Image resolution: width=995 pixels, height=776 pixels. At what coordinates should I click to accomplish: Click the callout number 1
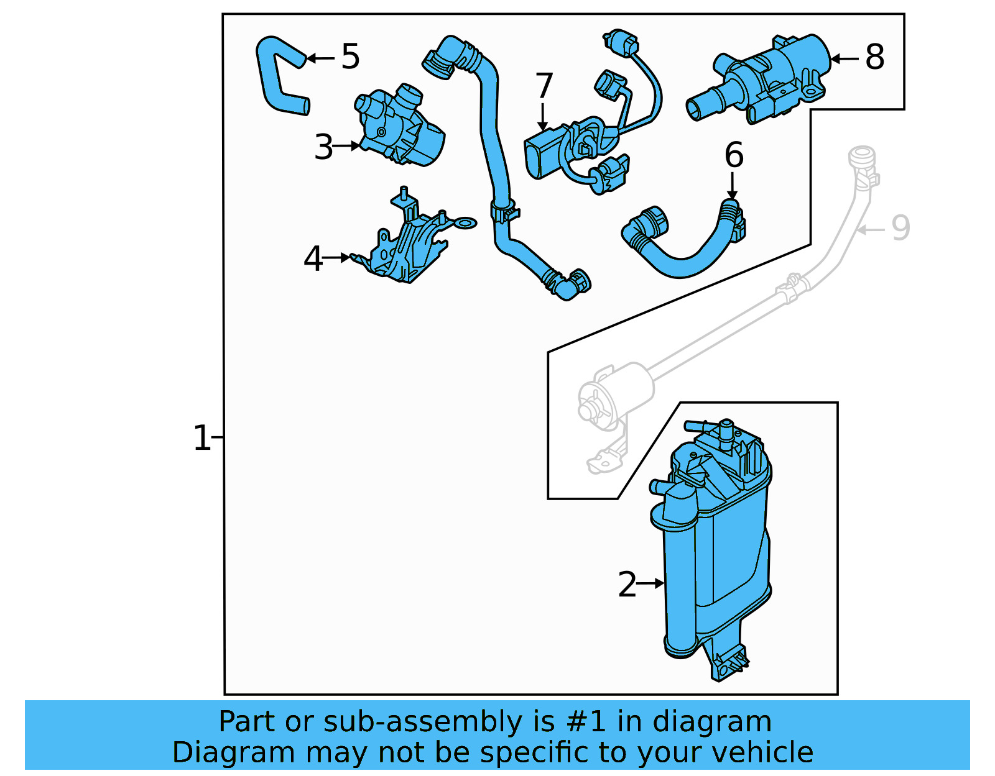click(x=201, y=438)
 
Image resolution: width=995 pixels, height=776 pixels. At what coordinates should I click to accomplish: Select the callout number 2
click(x=627, y=585)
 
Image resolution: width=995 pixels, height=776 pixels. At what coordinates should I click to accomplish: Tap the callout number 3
click(x=323, y=147)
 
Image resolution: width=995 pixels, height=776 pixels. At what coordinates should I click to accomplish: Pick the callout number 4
click(x=313, y=258)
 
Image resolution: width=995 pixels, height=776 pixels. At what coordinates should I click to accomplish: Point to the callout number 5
click(x=351, y=57)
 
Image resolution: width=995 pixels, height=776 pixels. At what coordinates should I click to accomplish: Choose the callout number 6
click(x=734, y=155)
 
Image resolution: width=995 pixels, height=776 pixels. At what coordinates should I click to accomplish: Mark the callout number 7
click(x=544, y=86)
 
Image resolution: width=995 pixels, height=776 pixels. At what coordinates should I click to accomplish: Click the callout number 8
click(x=875, y=57)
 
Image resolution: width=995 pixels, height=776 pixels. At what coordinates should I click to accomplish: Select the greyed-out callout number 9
click(x=900, y=228)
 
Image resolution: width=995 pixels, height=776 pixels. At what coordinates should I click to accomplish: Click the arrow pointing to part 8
click(x=845, y=58)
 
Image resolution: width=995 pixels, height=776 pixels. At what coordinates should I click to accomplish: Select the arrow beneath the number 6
click(x=733, y=186)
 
